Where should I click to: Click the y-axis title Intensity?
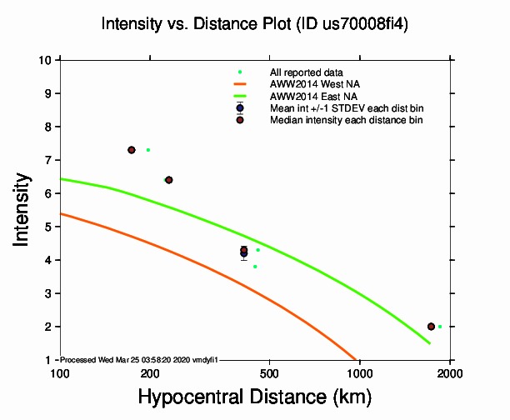[x=23, y=209]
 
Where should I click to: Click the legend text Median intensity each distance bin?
[x=346, y=120]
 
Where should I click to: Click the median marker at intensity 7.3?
[x=132, y=150]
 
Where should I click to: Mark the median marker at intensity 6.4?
[x=168, y=180]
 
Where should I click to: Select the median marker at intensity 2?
[x=431, y=327]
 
